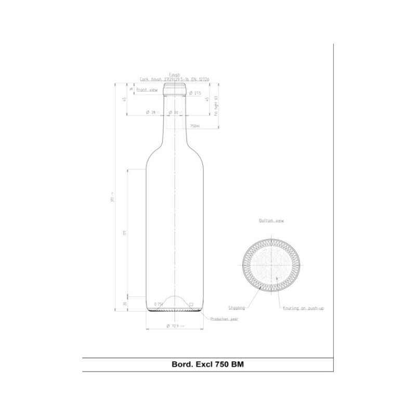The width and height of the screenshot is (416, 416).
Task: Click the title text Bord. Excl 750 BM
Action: click(x=207, y=364)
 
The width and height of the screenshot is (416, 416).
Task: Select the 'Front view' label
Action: click(x=147, y=90)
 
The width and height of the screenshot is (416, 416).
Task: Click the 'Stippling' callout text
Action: click(x=237, y=308)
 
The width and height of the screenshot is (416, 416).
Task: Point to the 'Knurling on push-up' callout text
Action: click(x=303, y=308)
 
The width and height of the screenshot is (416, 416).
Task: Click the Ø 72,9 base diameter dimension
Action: click(x=175, y=326)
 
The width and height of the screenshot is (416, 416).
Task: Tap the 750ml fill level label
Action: click(x=195, y=126)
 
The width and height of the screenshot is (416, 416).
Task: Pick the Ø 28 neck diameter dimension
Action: click(x=151, y=112)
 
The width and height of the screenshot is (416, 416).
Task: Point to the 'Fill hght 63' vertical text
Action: click(x=215, y=106)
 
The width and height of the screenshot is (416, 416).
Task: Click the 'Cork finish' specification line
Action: click(x=174, y=80)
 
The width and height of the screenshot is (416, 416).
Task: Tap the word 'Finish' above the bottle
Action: click(x=175, y=75)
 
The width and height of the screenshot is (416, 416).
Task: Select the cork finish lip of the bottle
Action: click(x=175, y=89)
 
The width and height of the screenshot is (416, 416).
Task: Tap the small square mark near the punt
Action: click(x=191, y=304)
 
